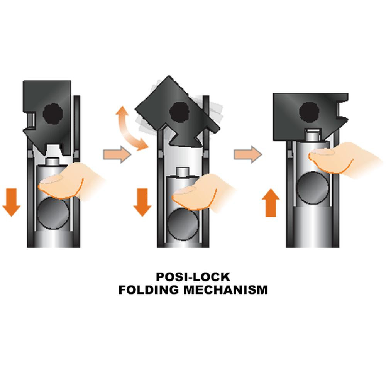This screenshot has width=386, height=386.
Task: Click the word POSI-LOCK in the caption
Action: coord(193,277)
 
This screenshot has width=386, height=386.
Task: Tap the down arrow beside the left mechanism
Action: coord(11,201)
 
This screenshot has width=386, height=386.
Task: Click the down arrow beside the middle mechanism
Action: coord(142,201)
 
